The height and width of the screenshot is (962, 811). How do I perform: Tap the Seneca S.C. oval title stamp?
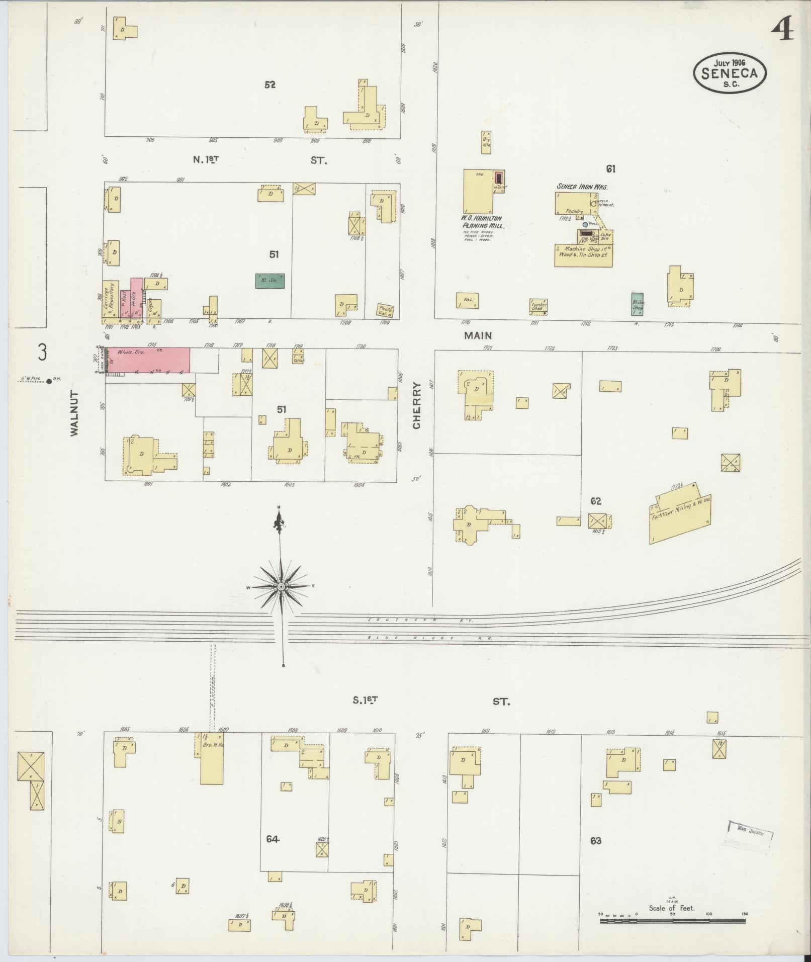coord(730,73)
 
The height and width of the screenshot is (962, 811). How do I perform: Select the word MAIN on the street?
coord(478,335)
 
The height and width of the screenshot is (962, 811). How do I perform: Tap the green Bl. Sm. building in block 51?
coord(270,281)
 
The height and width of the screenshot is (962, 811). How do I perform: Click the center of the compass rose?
coord(281,587)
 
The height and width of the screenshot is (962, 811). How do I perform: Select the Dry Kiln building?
coord(486,142)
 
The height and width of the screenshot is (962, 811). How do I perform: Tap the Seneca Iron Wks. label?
coord(582,187)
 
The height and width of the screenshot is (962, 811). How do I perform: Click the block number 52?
coord(270,85)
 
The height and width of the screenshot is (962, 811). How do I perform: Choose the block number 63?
coord(596,840)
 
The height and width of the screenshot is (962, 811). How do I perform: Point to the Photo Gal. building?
coord(386,310)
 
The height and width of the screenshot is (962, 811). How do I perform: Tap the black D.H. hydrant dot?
coord(49,381)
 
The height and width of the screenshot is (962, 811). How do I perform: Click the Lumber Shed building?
coord(539,306)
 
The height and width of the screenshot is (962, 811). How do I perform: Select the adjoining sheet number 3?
coord(42,352)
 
